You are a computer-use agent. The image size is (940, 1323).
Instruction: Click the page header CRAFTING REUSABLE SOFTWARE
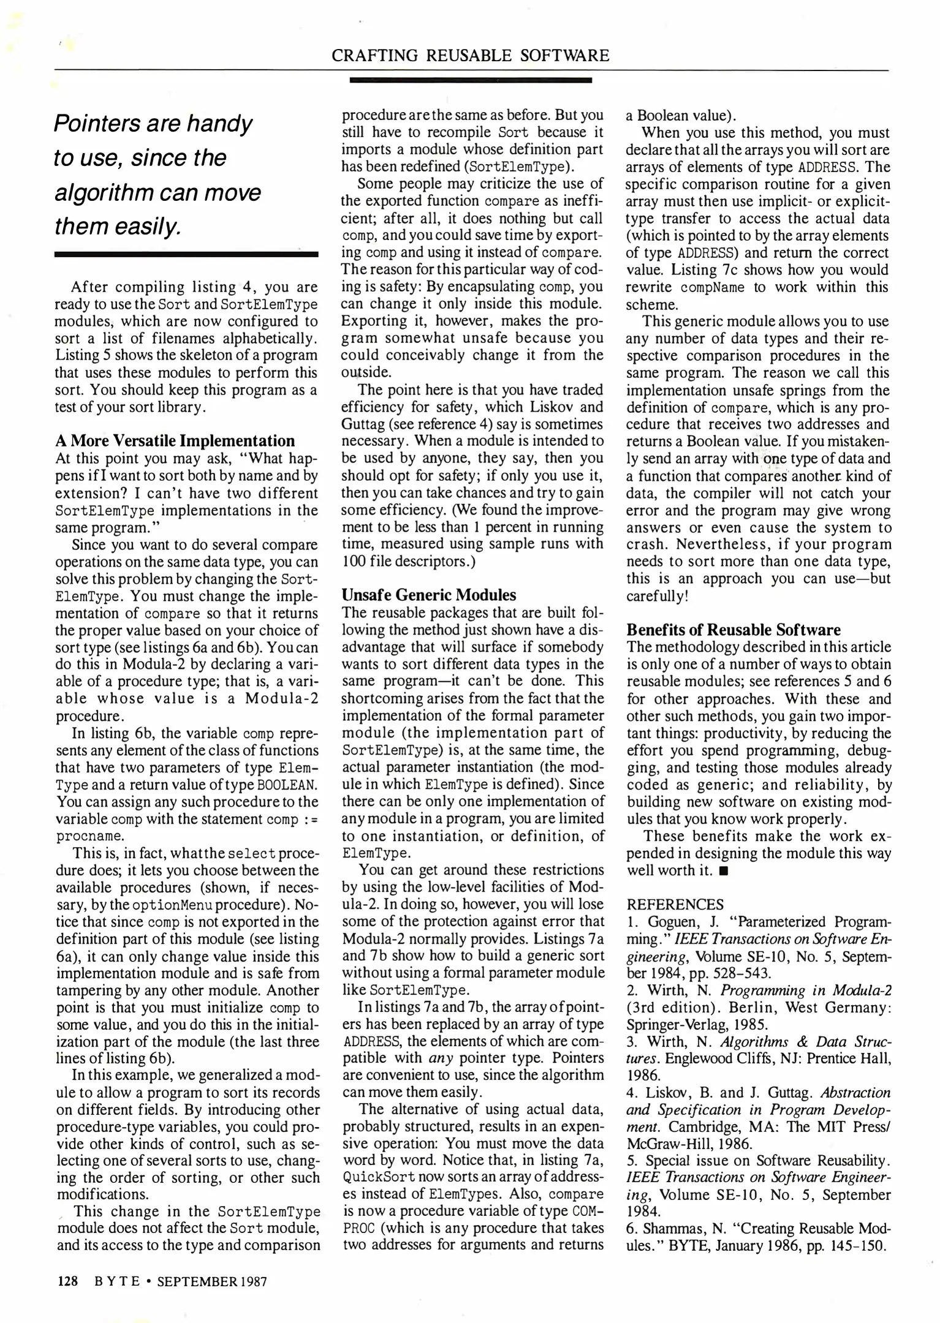tap(470, 56)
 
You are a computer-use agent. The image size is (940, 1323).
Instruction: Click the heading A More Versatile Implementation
tap(175, 441)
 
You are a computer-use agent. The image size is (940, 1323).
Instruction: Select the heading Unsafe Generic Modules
tap(428, 595)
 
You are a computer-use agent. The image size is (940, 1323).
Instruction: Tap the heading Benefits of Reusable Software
tap(733, 630)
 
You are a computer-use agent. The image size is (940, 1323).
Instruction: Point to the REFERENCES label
tap(675, 905)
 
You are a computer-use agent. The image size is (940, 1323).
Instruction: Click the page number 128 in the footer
tap(67, 1281)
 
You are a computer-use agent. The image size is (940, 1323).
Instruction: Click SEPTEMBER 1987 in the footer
tap(212, 1281)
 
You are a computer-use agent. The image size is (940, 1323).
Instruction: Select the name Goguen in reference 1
tap(673, 922)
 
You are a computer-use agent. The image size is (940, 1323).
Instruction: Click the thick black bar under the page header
tap(470, 80)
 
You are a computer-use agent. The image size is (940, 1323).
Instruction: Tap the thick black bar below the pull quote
tap(186, 254)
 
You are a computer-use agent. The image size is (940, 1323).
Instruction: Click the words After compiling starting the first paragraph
tap(127, 287)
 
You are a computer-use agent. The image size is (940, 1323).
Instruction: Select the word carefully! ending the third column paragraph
tap(657, 596)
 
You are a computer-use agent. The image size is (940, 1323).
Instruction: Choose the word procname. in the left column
tap(89, 836)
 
